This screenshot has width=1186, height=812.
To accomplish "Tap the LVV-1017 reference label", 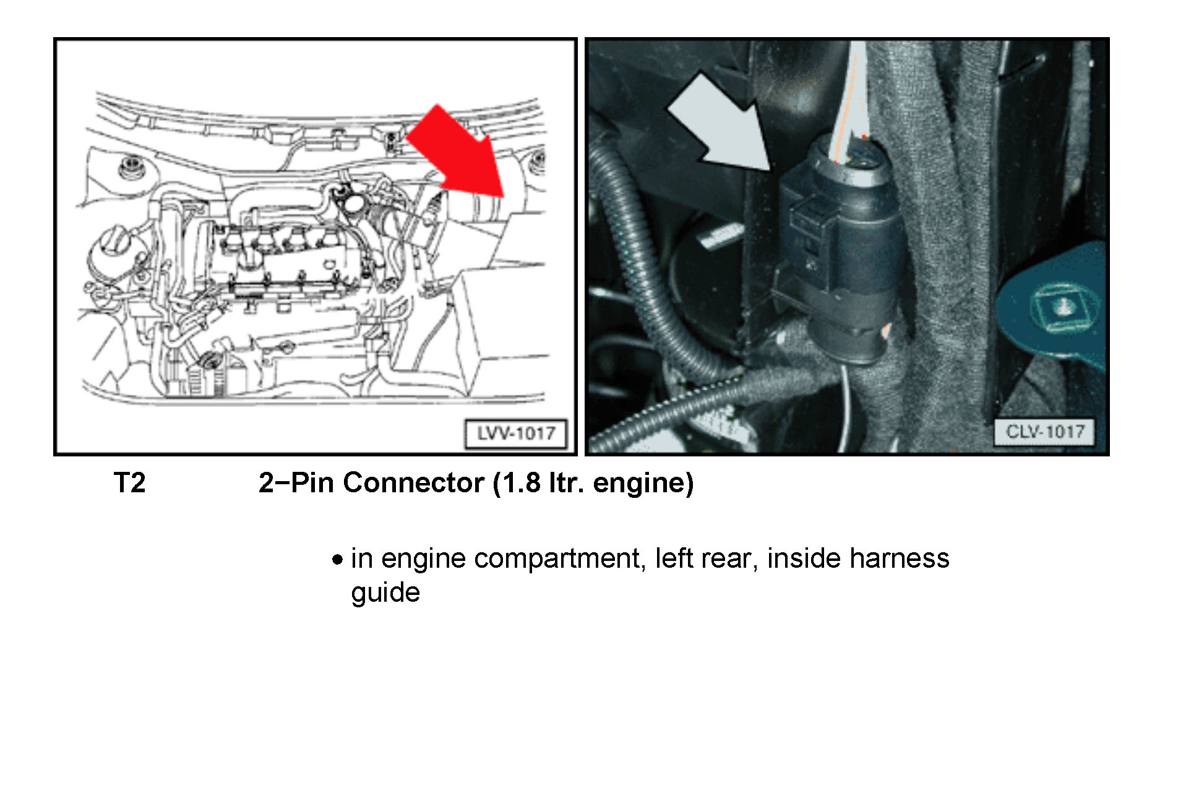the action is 515,433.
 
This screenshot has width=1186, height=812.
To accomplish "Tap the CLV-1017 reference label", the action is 1044,431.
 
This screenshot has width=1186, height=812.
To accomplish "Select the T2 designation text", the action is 129,482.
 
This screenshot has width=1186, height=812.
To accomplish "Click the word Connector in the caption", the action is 413,482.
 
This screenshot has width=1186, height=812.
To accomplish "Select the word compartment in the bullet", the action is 557,559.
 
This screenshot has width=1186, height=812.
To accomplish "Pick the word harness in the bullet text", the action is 900,558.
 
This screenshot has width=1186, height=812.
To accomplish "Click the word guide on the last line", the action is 385,592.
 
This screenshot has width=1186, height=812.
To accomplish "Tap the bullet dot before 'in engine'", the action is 337,560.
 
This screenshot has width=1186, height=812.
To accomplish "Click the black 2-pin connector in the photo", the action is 841,247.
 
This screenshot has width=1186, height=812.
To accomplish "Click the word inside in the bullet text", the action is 804,558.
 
